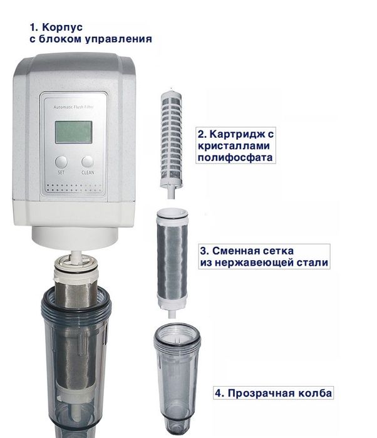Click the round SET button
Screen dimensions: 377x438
point(61,162)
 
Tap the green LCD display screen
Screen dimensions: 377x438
point(74,132)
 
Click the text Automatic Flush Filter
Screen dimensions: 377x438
point(74,107)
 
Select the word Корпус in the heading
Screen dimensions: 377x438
point(62,28)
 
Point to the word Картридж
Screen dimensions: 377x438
point(235,134)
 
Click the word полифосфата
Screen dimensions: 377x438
point(235,157)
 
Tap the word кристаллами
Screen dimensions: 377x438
point(234,145)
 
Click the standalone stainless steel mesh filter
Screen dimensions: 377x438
point(172,263)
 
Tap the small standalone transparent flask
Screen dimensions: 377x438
point(177,378)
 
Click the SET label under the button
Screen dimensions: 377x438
point(61,172)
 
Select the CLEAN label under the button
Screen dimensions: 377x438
point(88,172)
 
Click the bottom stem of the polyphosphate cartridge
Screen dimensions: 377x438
point(171,193)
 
